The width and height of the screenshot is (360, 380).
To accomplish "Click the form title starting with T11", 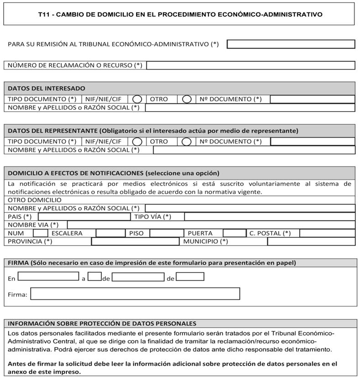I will point(180,14).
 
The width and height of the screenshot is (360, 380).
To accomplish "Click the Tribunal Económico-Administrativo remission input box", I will point(291,44).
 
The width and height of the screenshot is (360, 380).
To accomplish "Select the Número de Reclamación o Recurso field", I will point(250,65).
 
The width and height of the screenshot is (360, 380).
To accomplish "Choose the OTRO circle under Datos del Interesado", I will point(186,99).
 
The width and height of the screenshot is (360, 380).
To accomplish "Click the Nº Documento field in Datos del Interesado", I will point(312,99).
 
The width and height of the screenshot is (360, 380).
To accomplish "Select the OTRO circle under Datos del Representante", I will point(186,142).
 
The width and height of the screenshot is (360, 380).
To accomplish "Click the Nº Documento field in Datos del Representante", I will point(312,142).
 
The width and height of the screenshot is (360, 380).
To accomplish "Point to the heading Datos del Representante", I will point(153,131).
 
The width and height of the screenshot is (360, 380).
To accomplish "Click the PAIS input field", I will point(84,217).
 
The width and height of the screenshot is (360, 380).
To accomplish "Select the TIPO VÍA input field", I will point(269,217).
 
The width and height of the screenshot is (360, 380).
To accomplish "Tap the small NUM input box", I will point(40,233).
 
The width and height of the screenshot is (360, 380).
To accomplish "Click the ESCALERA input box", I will point(110,233).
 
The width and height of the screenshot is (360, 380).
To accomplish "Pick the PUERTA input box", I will point(234,233).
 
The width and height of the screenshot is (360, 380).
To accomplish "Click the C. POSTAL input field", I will point(327,233).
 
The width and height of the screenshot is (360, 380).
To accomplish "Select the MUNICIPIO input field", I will point(311,241).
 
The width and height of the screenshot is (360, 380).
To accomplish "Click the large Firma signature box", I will point(135,294).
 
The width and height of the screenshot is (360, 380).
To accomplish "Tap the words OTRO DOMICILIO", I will point(35,200).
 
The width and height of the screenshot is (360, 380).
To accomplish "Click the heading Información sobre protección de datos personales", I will point(102,323).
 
